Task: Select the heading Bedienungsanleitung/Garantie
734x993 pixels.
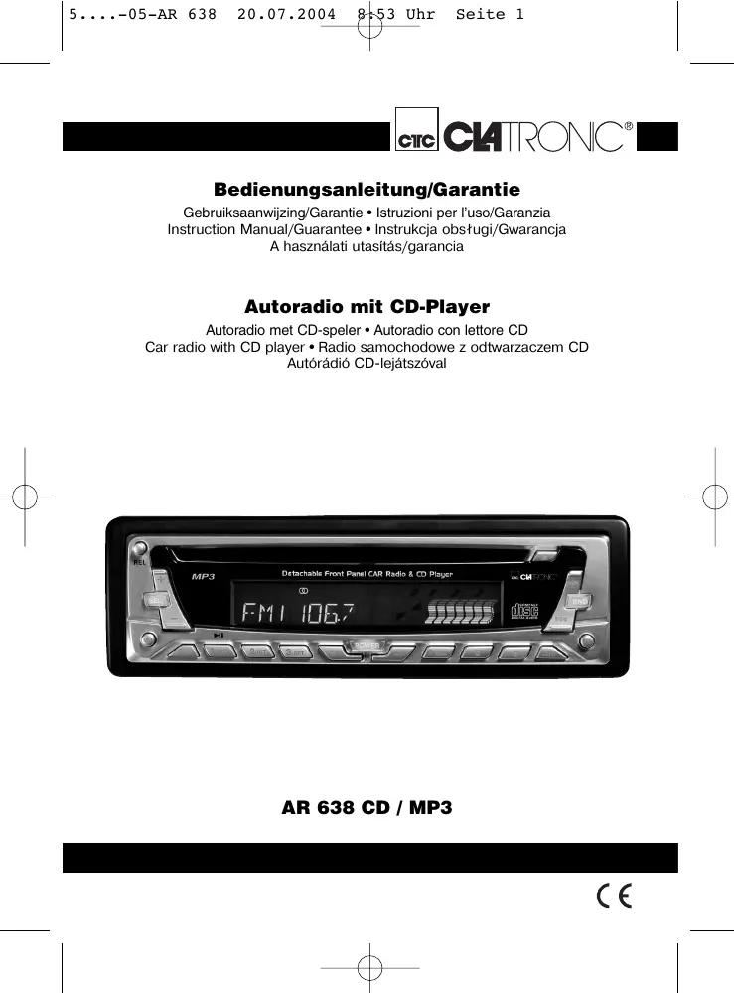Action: coord(367,189)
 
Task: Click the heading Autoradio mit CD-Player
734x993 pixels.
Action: coord(367,307)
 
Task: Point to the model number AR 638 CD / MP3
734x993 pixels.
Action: coord(367,808)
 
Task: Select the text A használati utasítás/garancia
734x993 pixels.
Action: coord(367,247)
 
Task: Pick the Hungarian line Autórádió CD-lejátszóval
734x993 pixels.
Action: coord(367,364)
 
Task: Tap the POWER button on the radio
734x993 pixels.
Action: coord(367,647)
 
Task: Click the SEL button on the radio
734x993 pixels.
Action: coord(156,600)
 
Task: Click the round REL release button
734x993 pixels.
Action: coord(140,549)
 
